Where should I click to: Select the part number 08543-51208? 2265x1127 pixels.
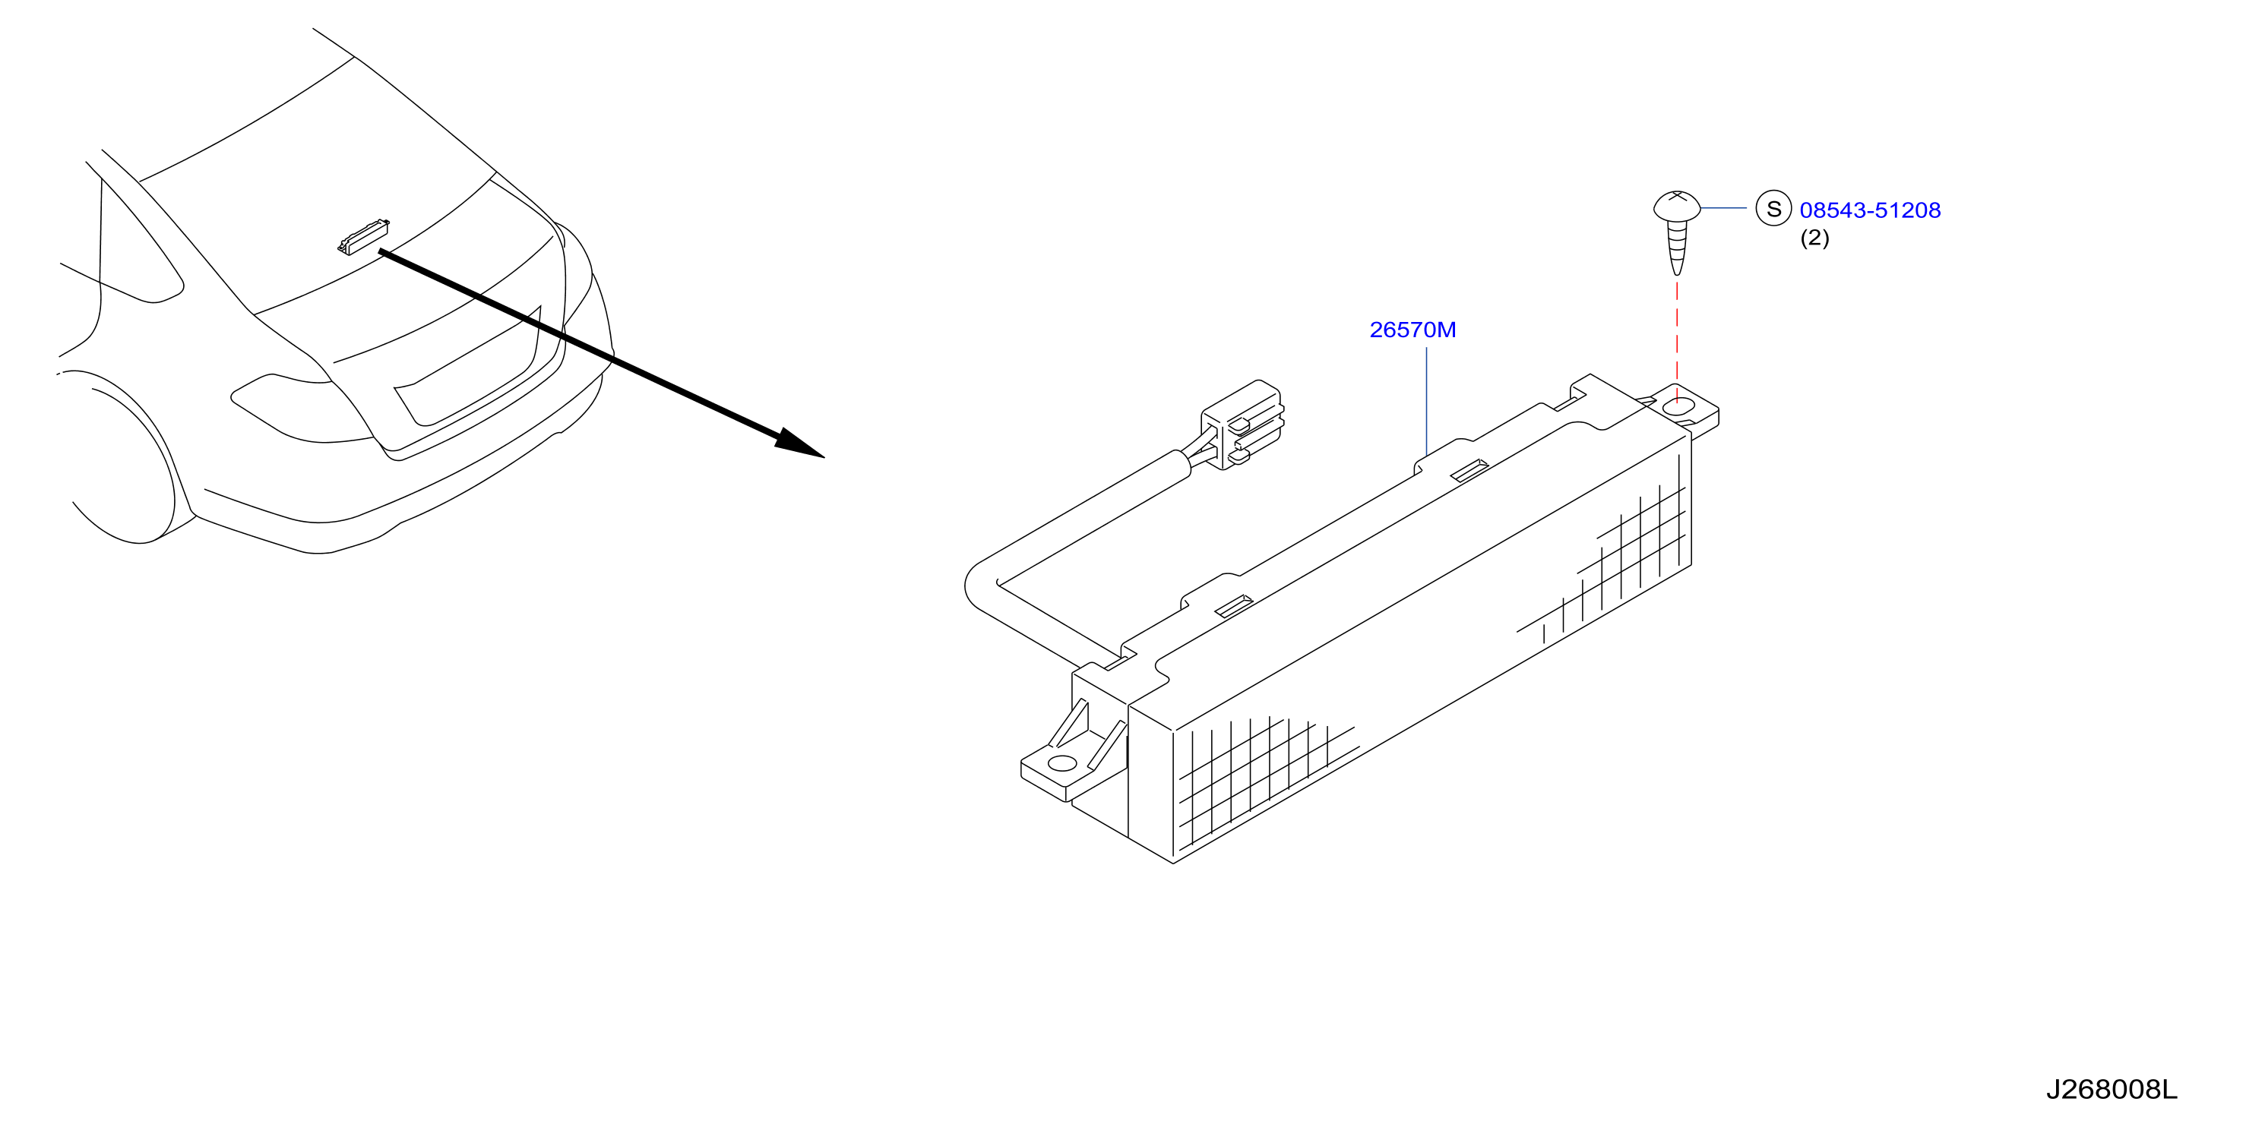pyautogui.click(x=1870, y=210)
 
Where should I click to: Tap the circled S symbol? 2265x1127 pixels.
pyautogui.click(x=1773, y=208)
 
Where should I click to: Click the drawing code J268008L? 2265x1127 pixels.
pyautogui.click(x=2110, y=1090)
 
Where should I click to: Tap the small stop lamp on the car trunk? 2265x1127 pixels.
pyautogui.click(x=363, y=235)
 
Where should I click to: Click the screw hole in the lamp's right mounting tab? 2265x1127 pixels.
pyautogui.click(x=1680, y=406)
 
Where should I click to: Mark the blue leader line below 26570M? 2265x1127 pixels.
pyautogui.click(x=1425, y=401)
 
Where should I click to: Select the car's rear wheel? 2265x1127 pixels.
pyautogui.click(x=132, y=457)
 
